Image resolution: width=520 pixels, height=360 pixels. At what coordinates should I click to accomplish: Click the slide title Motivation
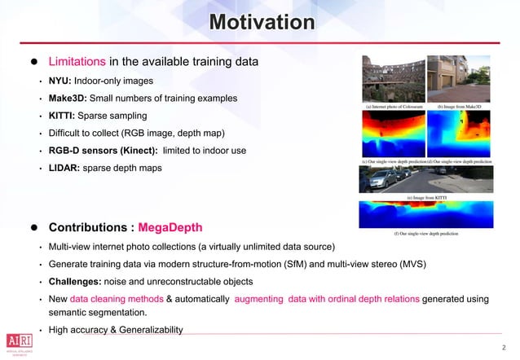[259, 22]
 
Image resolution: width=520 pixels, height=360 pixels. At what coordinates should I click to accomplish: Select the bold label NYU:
[59, 81]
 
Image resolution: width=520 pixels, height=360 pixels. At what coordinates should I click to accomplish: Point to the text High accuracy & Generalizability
[115, 329]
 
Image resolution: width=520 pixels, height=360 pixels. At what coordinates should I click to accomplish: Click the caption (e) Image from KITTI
[425, 198]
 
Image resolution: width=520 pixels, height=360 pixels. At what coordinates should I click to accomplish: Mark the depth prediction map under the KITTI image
[425, 216]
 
